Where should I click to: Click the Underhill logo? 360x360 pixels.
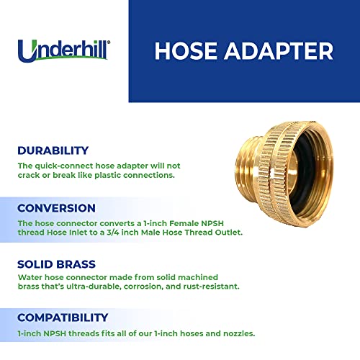(66, 51)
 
